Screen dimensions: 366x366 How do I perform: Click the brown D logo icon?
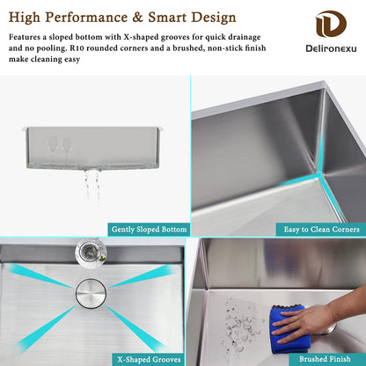[331, 24]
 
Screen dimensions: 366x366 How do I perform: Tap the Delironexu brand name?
[331, 48]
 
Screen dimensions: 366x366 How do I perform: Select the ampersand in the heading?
[138, 18]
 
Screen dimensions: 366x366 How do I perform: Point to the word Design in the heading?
[213, 18]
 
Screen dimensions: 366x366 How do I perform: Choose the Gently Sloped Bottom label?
[149, 230]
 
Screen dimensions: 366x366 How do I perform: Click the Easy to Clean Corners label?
[321, 230]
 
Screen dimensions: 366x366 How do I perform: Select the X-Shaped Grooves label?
[149, 360]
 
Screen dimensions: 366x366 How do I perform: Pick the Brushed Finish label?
[325, 359]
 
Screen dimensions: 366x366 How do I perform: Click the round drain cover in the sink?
[91, 293]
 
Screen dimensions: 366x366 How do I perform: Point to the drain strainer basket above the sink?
[91, 253]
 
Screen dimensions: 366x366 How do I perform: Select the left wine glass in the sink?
[53, 149]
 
